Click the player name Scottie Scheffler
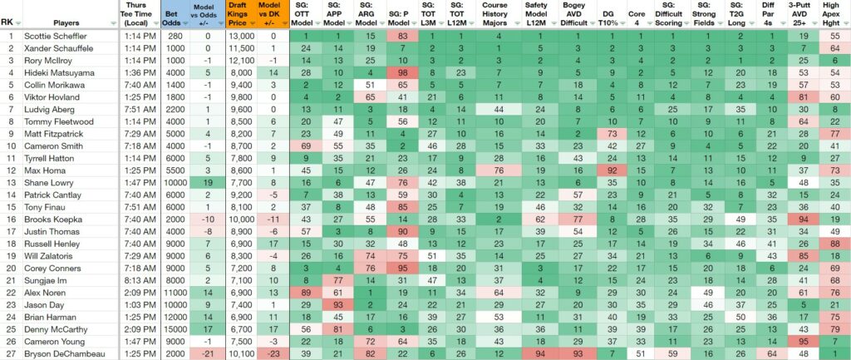55,36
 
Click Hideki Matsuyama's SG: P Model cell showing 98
401,73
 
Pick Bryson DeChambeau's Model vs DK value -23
273,354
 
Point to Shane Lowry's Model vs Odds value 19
207,183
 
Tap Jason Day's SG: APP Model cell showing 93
338,305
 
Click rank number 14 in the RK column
10,195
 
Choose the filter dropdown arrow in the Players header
113,23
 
